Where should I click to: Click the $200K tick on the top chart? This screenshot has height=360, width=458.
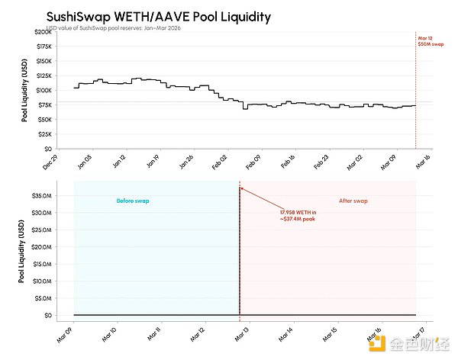coord(40,31)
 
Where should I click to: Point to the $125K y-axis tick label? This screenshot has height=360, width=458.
coord(40,76)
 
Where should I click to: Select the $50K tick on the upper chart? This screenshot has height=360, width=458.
coord(42,120)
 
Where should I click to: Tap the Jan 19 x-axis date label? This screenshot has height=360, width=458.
coord(151,159)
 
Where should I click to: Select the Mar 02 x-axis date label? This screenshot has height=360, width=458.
coord(352,159)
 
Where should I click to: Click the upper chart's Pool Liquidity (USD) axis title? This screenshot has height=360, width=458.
coord(25,91)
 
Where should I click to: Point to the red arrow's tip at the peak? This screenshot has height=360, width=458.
coord(241,189)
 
